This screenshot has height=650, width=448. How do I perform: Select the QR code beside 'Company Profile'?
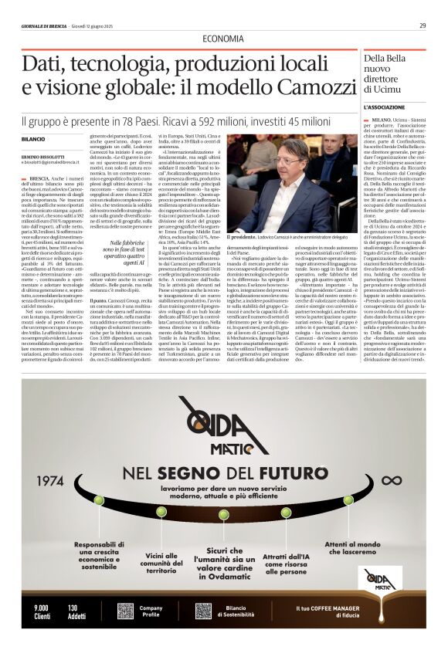pyautogui.click(x=125, y=611)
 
